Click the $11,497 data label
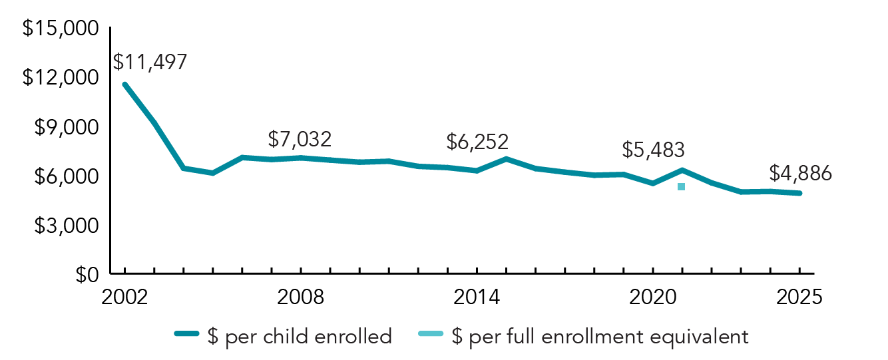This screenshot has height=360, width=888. coord(150,62)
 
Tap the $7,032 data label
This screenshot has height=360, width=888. coord(300,140)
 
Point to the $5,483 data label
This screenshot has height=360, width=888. coord(653,150)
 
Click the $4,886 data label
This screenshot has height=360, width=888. coord(800,173)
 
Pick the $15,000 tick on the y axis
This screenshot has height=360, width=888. coord(61,29)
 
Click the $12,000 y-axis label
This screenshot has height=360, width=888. coord(61,78)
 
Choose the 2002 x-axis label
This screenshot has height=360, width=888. coord(124,297)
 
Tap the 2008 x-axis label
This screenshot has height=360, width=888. coord(301,297)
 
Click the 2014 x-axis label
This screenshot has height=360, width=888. coord(477,297)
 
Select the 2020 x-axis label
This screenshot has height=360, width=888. coord(653,297)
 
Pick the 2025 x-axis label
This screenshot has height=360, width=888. coord(799,297)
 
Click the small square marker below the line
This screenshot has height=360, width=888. coord(681,187)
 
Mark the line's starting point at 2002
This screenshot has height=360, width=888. coord(124,85)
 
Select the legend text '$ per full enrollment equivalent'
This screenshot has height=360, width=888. coord(600,337)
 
